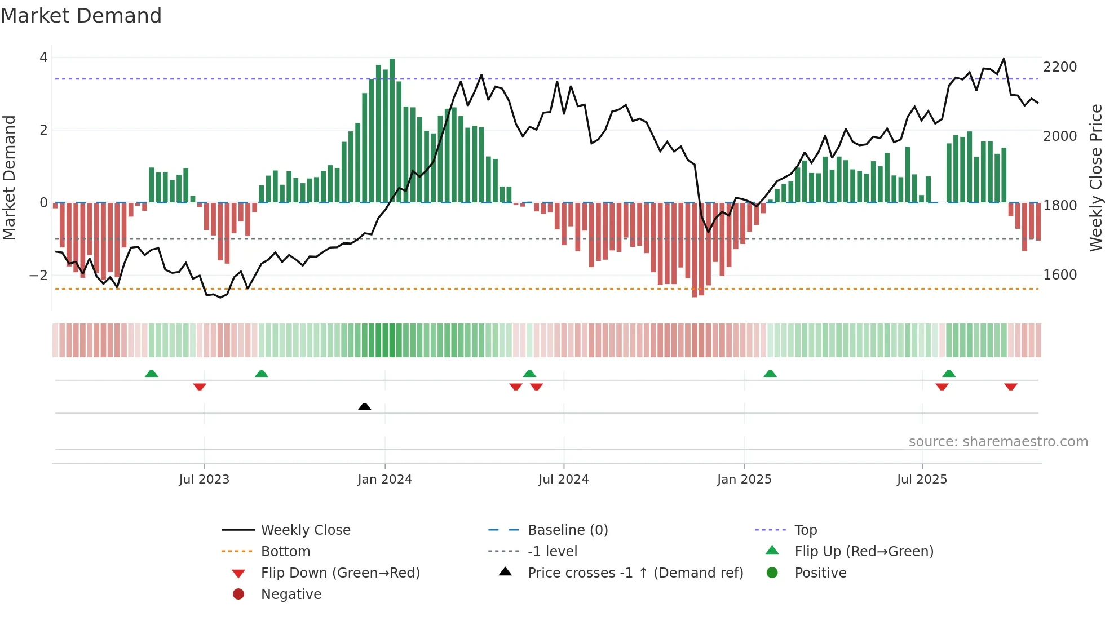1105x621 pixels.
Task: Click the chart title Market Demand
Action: pos(81,16)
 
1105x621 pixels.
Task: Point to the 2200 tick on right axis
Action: pos(1060,67)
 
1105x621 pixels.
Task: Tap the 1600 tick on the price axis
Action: pos(1060,275)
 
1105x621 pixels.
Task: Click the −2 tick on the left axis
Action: pos(38,276)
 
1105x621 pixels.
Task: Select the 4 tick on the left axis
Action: pos(43,57)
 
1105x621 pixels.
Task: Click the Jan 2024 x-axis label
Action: pos(384,480)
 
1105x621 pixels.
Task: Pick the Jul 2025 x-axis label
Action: pos(922,480)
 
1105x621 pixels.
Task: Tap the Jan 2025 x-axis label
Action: pos(744,480)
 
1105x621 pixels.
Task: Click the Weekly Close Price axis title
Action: pos(1095,178)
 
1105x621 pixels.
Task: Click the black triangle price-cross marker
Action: pos(365,406)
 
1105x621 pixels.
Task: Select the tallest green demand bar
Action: pos(392,130)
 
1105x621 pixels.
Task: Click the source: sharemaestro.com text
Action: pos(998,442)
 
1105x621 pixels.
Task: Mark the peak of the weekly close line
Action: pos(1004,59)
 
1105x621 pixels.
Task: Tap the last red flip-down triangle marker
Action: pos(1010,387)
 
